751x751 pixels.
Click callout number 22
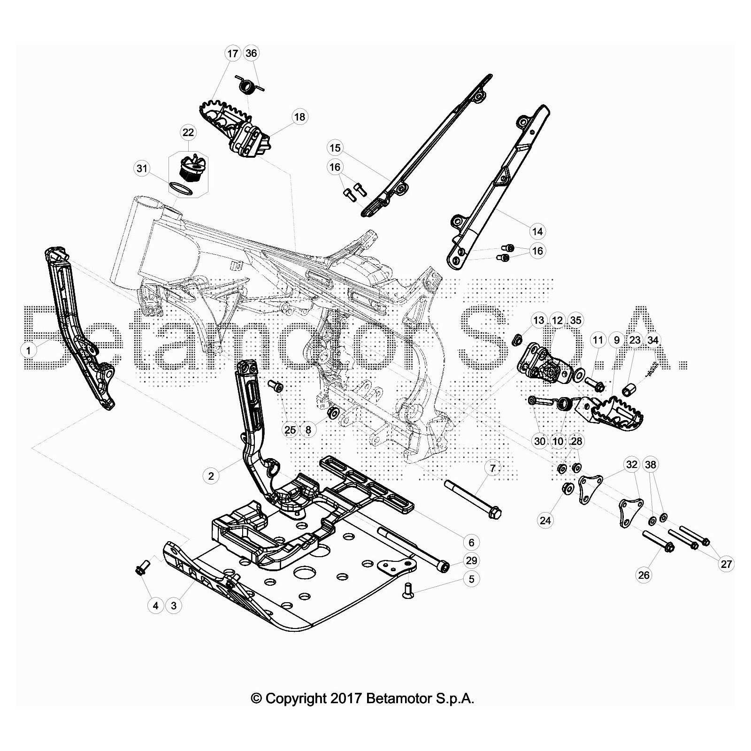pyautogui.click(x=188, y=133)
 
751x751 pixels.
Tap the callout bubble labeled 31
pyautogui.click(x=142, y=169)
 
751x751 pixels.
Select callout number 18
pyautogui.click(x=299, y=117)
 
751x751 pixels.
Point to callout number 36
pyautogui.click(x=251, y=53)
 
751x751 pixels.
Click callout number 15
pyautogui.click(x=335, y=148)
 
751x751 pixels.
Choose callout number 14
pyautogui.click(x=537, y=231)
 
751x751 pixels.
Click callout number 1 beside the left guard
pyautogui.click(x=29, y=350)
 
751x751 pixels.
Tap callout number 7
pyautogui.click(x=492, y=468)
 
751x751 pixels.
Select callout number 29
pyautogui.click(x=472, y=560)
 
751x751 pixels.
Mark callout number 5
pyautogui.click(x=472, y=579)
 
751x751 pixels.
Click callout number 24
pyautogui.click(x=545, y=520)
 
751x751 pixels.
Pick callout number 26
pyautogui.click(x=644, y=575)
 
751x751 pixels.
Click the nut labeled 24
pyautogui.click(x=567, y=489)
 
